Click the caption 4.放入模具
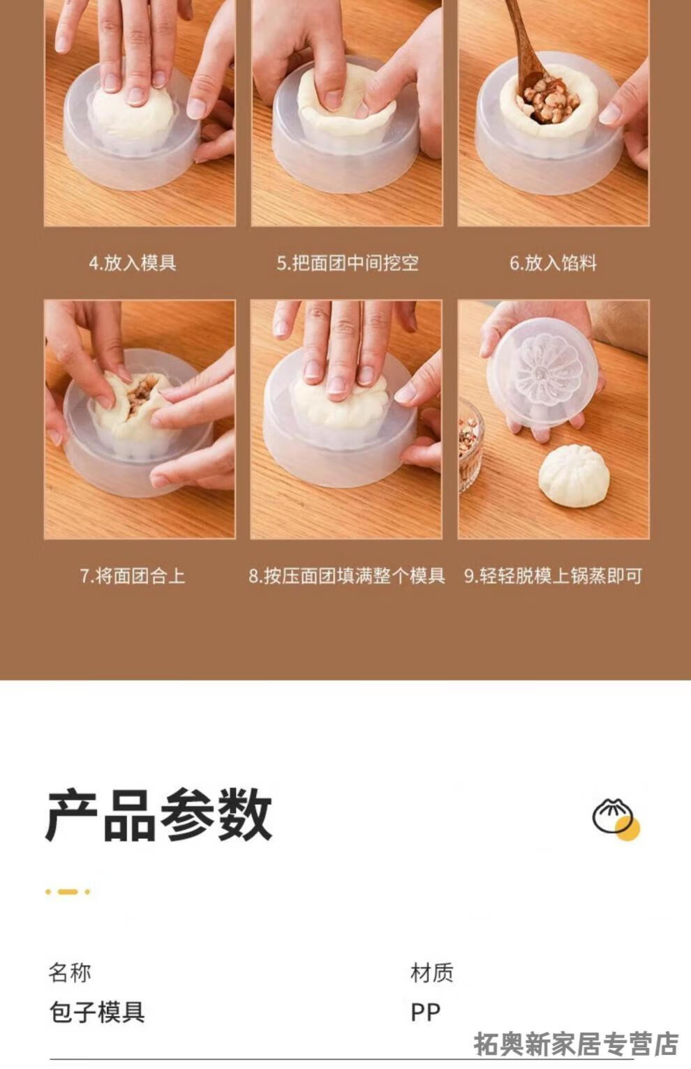click(x=133, y=263)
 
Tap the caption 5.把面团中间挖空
click(x=347, y=263)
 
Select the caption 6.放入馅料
click(x=553, y=263)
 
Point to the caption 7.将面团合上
click(x=133, y=575)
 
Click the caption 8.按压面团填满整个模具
click(x=347, y=575)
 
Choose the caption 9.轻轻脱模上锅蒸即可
click(x=553, y=575)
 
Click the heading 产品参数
click(x=158, y=815)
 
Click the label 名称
click(x=70, y=973)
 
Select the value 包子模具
click(x=97, y=1013)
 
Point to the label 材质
click(x=431, y=973)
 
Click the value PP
click(x=426, y=1013)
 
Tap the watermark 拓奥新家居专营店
click(x=577, y=1044)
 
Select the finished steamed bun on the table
click(x=574, y=476)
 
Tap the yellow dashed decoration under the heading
click(x=68, y=891)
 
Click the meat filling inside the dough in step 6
click(x=549, y=101)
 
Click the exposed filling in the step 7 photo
click(x=138, y=395)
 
